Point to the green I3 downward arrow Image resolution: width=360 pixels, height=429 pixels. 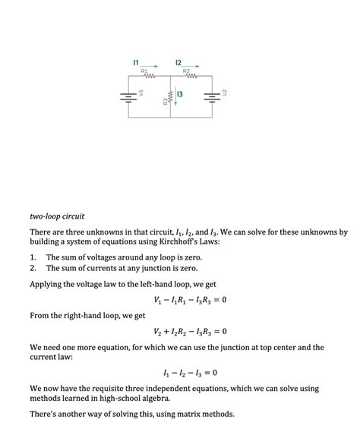click(x=175, y=98)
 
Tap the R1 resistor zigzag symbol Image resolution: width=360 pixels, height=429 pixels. click(x=149, y=77)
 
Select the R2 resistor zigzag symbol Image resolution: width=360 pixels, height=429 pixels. click(x=190, y=77)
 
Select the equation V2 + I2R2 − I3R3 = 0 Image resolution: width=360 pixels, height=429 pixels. click(x=190, y=331)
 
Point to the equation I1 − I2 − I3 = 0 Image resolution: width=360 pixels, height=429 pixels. click(x=190, y=373)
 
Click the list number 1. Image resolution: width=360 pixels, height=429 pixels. click(x=33, y=257)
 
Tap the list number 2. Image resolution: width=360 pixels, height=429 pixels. click(x=33, y=268)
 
